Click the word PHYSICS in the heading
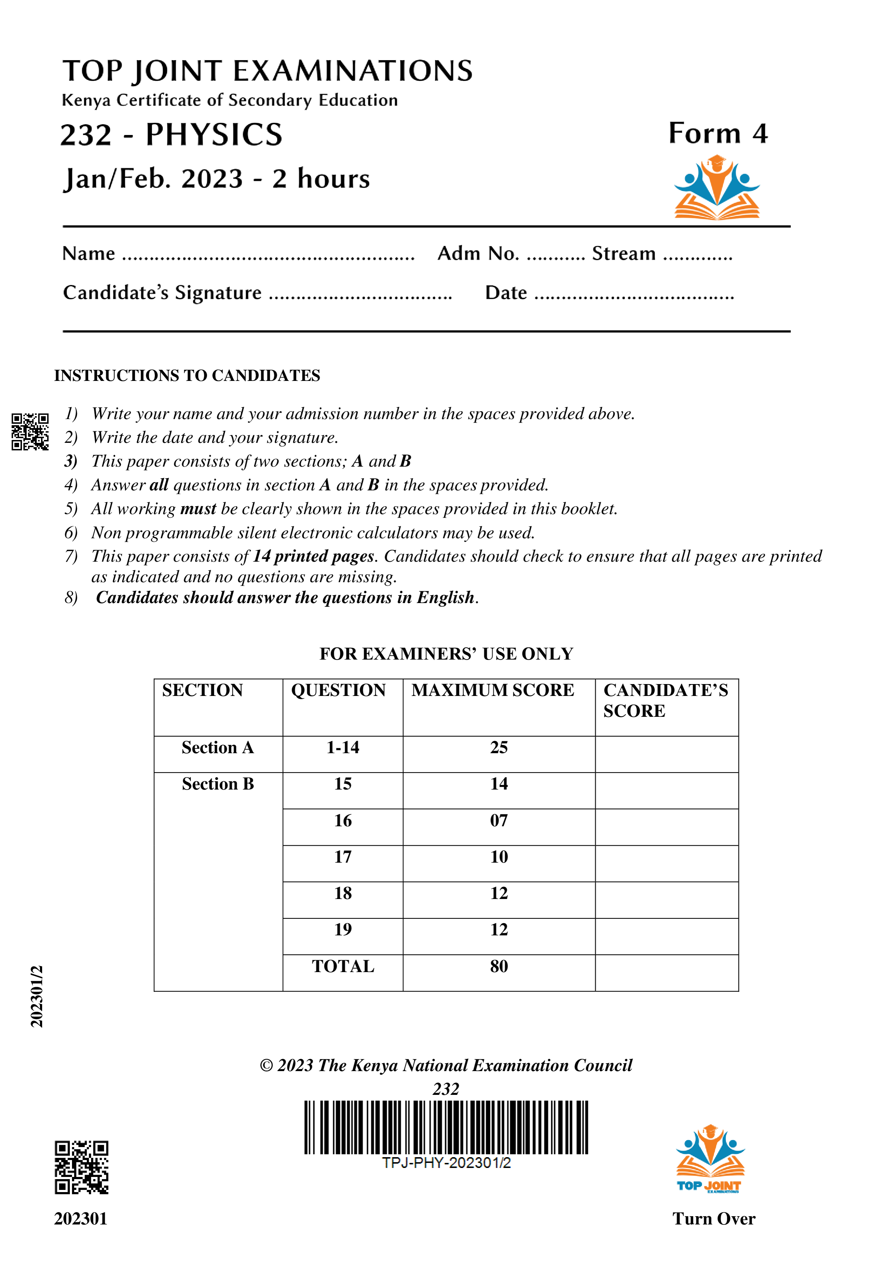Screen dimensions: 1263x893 214,135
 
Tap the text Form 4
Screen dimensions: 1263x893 718,134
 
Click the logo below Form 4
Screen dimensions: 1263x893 717,188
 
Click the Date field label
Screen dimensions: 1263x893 506,293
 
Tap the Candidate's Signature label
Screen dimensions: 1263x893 162,293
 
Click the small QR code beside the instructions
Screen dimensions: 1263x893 30,432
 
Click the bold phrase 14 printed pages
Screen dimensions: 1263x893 313,556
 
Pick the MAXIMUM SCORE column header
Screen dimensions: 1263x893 493,690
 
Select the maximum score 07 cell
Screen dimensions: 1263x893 498,821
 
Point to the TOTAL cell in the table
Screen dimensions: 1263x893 343,966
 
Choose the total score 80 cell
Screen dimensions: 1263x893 498,966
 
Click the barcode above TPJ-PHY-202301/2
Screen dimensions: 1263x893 446,1127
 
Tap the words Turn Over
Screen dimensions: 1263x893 714,1218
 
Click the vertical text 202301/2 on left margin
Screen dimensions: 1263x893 37,995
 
